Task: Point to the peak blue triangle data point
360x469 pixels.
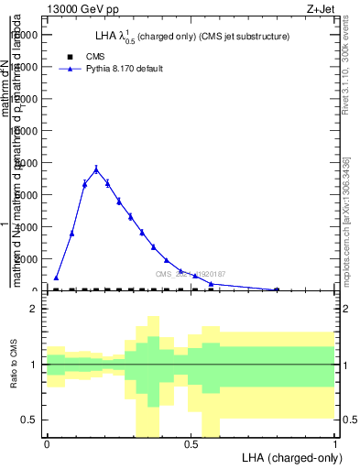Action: coord(96,169)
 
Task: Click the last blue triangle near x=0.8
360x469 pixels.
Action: coord(277,289)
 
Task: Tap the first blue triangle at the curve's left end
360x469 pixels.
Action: coord(56,278)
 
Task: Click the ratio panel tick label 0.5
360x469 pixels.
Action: coord(29,420)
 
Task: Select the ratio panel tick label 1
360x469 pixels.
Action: coord(34,365)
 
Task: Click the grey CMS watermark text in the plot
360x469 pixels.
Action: coord(191,274)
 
